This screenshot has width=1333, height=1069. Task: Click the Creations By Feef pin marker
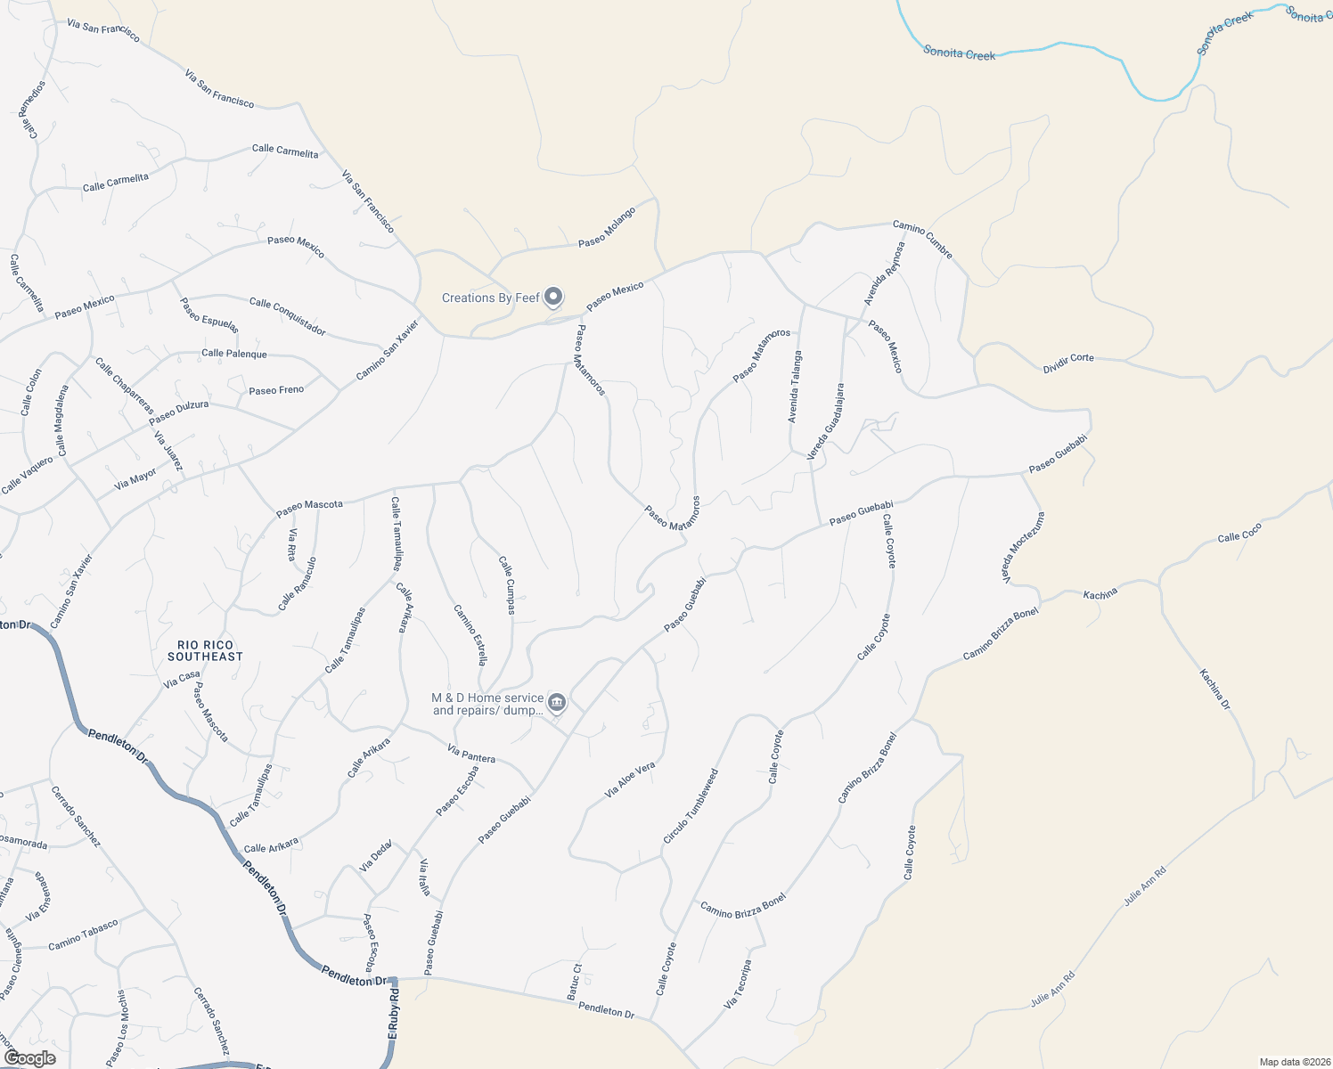tap(553, 296)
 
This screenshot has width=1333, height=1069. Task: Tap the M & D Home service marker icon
tap(557, 703)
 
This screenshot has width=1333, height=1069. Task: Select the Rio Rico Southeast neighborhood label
tap(205, 650)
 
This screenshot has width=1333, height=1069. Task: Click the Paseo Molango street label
tap(607, 227)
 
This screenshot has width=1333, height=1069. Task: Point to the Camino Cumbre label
tap(923, 241)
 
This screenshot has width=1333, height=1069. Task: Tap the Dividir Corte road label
tap(1068, 363)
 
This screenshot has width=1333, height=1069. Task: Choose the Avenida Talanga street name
tap(794, 386)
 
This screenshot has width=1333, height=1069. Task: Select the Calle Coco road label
tap(1239, 533)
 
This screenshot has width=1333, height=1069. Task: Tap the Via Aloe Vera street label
tap(630, 779)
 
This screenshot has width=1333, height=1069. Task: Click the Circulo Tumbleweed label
tap(691, 806)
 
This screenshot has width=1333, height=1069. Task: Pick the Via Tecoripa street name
tap(738, 984)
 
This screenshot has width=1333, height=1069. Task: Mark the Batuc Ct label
tap(575, 981)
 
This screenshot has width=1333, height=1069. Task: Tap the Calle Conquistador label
tap(287, 316)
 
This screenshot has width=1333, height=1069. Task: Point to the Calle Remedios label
tap(35, 110)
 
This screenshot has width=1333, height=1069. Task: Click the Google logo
tap(29, 1057)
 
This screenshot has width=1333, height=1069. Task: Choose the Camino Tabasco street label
tap(83, 934)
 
